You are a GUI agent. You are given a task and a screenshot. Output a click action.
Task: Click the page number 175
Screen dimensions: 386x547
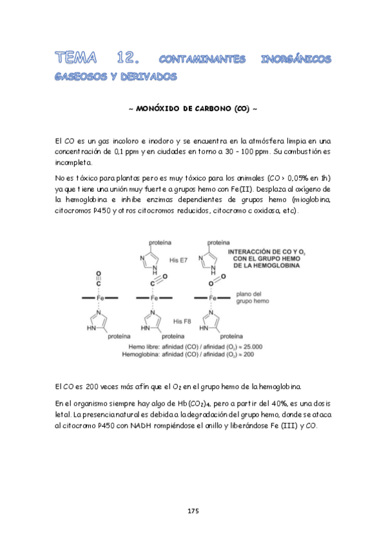pos(193,511)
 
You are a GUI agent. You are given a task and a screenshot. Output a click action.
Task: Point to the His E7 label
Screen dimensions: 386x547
pos(179,260)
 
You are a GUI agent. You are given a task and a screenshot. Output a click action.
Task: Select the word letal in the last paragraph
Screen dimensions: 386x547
pos(65,415)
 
